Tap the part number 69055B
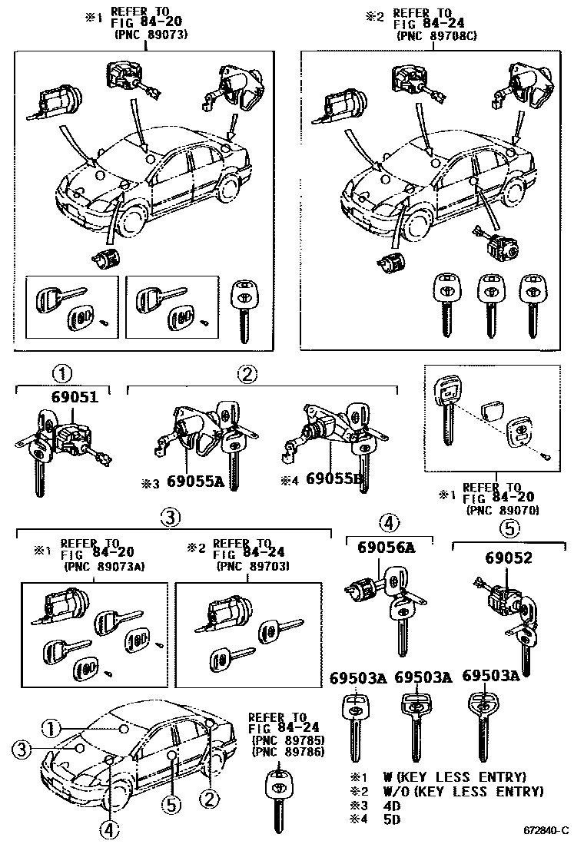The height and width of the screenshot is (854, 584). [333, 478]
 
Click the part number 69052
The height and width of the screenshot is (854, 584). [507, 558]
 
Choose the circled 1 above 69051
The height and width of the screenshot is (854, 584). [61, 375]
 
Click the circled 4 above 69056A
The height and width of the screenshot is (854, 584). [389, 524]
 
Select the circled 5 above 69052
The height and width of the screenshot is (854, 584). [509, 530]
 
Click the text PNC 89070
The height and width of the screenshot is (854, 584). [503, 509]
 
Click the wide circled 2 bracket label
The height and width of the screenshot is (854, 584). [246, 375]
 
